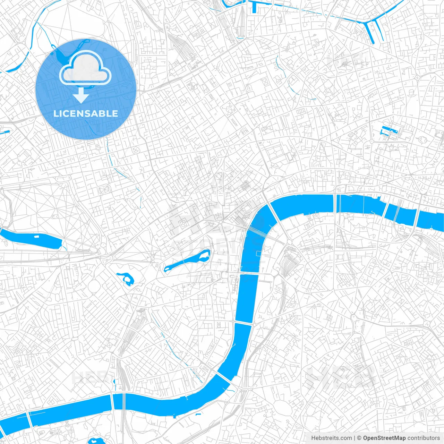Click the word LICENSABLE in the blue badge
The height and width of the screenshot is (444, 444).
pos(86,113)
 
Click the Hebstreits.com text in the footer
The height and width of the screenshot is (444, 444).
pos(331,438)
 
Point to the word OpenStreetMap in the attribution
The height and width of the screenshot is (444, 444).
pos(384,438)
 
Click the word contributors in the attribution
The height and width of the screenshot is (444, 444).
pos(424,438)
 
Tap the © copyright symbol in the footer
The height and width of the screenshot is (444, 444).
pos(359,438)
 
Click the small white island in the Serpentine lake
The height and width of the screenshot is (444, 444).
pos(36,237)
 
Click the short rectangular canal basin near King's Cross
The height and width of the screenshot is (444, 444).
pos(255,7)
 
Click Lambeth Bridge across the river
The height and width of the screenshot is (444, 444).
pos(244,323)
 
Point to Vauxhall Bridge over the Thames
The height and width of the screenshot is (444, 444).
pos(224,378)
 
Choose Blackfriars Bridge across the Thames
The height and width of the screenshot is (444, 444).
pos(335,203)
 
